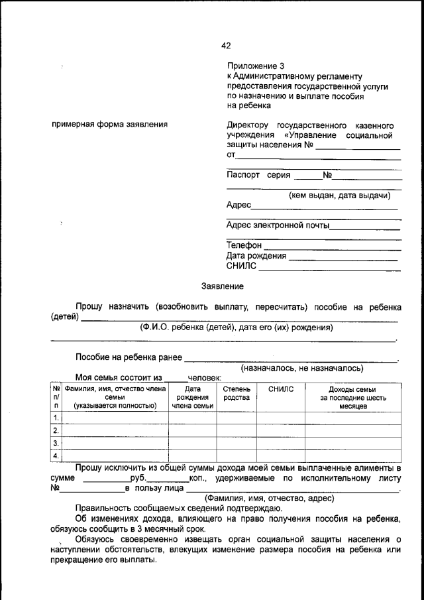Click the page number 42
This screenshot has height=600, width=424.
pyautogui.click(x=226, y=46)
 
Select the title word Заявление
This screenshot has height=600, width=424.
pyautogui.click(x=223, y=286)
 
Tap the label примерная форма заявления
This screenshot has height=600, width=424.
pyautogui.click(x=109, y=124)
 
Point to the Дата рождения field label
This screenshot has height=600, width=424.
pyautogui.click(x=256, y=256)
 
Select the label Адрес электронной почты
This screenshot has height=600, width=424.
pyautogui.click(x=278, y=225)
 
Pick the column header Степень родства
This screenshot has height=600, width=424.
pyautogui.click(x=237, y=393)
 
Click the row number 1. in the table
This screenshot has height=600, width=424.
pyautogui.click(x=56, y=418)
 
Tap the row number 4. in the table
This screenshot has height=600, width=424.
pyautogui.click(x=56, y=455)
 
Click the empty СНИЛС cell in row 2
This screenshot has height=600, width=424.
pyautogui.click(x=281, y=431)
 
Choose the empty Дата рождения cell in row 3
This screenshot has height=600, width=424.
pyautogui.click(x=192, y=444)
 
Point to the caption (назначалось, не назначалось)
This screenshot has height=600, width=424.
pyautogui.click(x=301, y=368)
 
